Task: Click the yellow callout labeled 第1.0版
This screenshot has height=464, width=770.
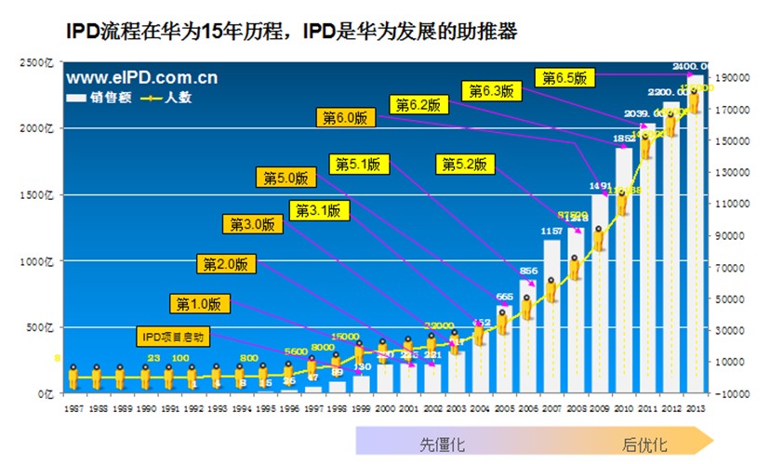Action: coord(200,303)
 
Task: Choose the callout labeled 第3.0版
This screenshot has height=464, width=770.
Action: coord(253,224)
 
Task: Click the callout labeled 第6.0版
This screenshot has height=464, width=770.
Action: coord(344,118)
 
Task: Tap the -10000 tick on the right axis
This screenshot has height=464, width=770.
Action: coord(733,393)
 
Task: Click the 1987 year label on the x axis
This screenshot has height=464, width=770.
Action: coord(73,406)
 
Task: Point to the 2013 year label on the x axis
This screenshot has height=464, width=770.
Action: coord(695,406)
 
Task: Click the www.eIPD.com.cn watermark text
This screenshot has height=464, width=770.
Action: coord(142,78)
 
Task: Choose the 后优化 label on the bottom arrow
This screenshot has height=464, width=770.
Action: coord(644,444)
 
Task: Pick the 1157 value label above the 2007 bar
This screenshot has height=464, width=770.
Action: coord(552,232)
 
